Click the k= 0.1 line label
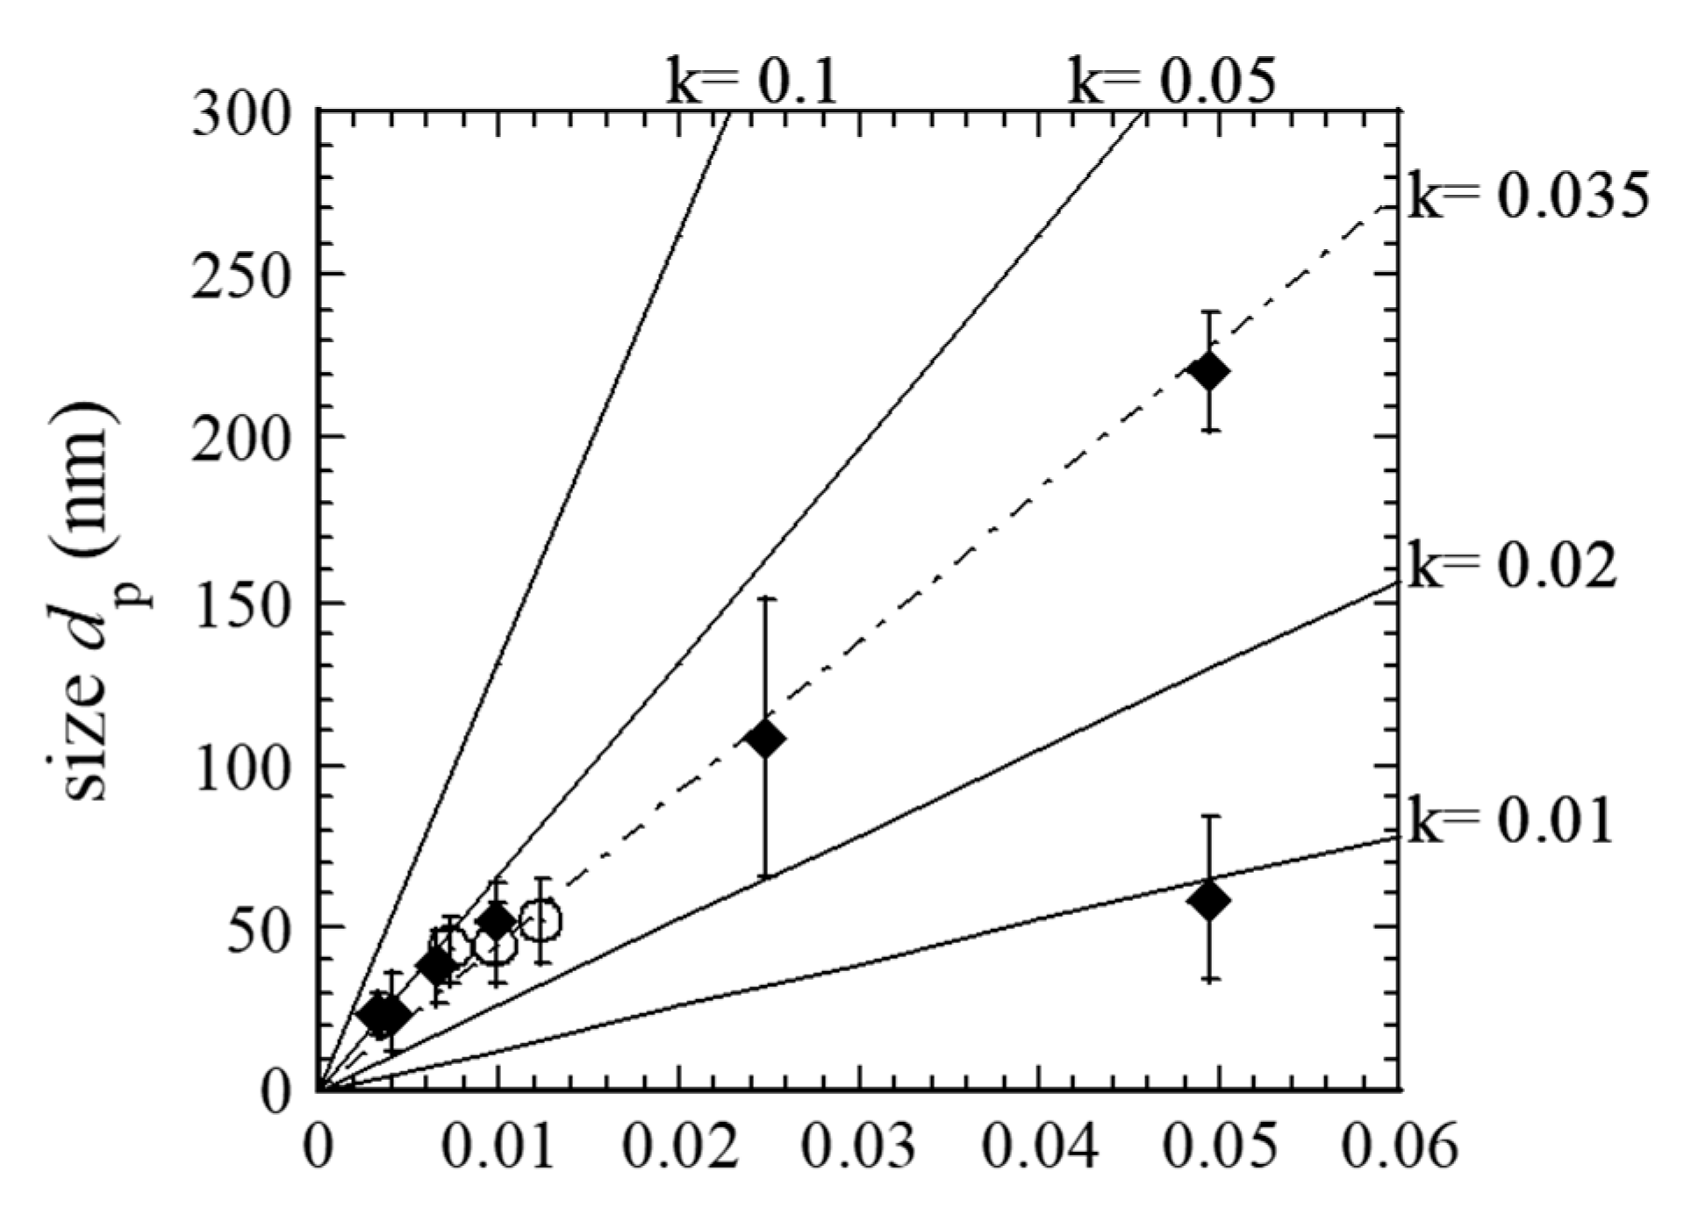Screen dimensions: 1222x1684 pyautogui.click(x=751, y=82)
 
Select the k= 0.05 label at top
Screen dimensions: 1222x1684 pyautogui.click(x=1172, y=82)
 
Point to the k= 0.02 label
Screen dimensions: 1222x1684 pyautogui.click(x=1511, y=566)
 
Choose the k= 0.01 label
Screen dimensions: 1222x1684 pyautogui.click(x=1511, y=820)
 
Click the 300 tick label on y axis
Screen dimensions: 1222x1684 pyautogui.click(x=244, y=116)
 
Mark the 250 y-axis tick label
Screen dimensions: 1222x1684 pyautogui.click(x=244, y=275)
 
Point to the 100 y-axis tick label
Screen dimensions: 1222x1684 pyautogui.click(x=244, y=766)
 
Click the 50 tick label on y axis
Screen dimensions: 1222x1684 pyautogui.click(x=263, y=927)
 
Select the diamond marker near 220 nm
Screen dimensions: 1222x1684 pyautogui.click(x=1209, y=371)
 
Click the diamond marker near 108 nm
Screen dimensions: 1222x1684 pyautogui.click(x=764, y=739)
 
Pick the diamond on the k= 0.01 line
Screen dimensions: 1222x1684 pyautogui.click(x=1209, y=900)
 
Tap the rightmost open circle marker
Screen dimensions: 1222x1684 pyautogui.click(x=541, y=921)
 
